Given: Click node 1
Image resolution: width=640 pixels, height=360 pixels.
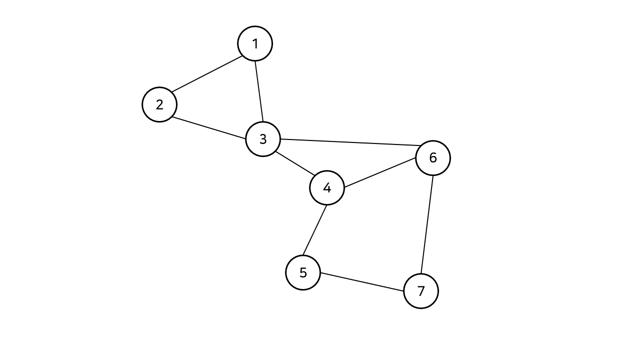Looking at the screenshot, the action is click(255, 43).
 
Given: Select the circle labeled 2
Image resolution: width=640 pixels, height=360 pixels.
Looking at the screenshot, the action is click(159, 104).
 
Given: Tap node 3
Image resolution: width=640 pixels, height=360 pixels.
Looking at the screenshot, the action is click(263, 139).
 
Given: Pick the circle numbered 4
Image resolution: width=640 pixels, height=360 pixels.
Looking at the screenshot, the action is click(327, 188).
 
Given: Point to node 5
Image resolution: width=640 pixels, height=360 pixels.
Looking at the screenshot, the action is click(303, 272).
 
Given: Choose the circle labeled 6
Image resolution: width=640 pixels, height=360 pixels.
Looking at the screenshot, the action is click(433, 158).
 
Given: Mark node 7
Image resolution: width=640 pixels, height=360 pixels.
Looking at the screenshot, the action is click(421, 291).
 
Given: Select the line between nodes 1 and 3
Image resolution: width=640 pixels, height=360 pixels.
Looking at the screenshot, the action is click(259, 91).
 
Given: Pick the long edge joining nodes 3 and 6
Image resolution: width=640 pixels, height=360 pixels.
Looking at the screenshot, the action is click(348, 142).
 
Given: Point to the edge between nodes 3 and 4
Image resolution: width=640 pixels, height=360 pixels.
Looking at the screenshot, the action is click(295, 163).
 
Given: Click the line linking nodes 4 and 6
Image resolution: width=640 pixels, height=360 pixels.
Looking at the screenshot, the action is click(380, 173).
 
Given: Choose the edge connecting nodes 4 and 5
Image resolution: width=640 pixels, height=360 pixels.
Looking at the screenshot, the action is click(315, 230).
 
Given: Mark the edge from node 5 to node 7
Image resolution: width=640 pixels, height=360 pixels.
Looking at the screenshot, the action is click(362, 282).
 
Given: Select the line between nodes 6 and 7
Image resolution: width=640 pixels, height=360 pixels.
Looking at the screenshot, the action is click(427, 224).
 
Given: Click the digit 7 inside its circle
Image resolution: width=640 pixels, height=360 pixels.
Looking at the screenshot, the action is click(421, 291).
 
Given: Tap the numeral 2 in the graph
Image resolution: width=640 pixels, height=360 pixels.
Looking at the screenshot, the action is click(159, 104).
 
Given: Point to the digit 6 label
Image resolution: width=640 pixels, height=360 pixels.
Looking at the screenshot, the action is click(433, 158).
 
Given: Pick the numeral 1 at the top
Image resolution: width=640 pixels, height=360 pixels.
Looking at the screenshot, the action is click(255, 44).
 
